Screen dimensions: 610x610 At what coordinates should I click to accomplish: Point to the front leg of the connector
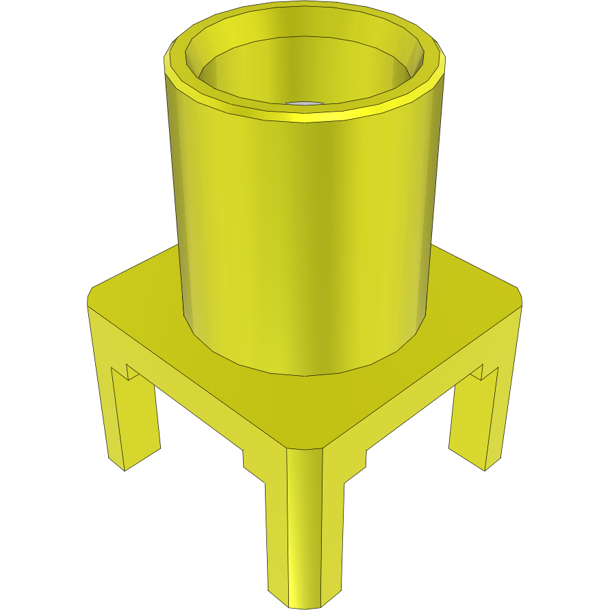point(304,527)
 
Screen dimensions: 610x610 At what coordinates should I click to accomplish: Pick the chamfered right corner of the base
point(520,296)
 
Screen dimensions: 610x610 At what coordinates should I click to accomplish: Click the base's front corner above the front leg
point(304,448)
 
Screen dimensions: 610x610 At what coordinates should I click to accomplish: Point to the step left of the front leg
point(254,466)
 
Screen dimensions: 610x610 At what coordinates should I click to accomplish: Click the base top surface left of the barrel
point(137,294)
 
